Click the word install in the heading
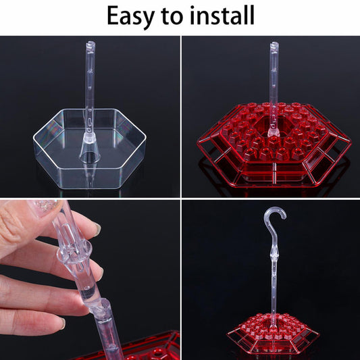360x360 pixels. (x=222, y=15)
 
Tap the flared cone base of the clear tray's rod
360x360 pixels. (x=90, y=148)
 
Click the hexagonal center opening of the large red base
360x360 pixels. (x=274, y=126)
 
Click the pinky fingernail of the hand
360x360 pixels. (x=62, y=324)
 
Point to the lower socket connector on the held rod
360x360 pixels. (x=101, y=309)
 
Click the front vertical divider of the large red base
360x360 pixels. (x=274, y=173)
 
